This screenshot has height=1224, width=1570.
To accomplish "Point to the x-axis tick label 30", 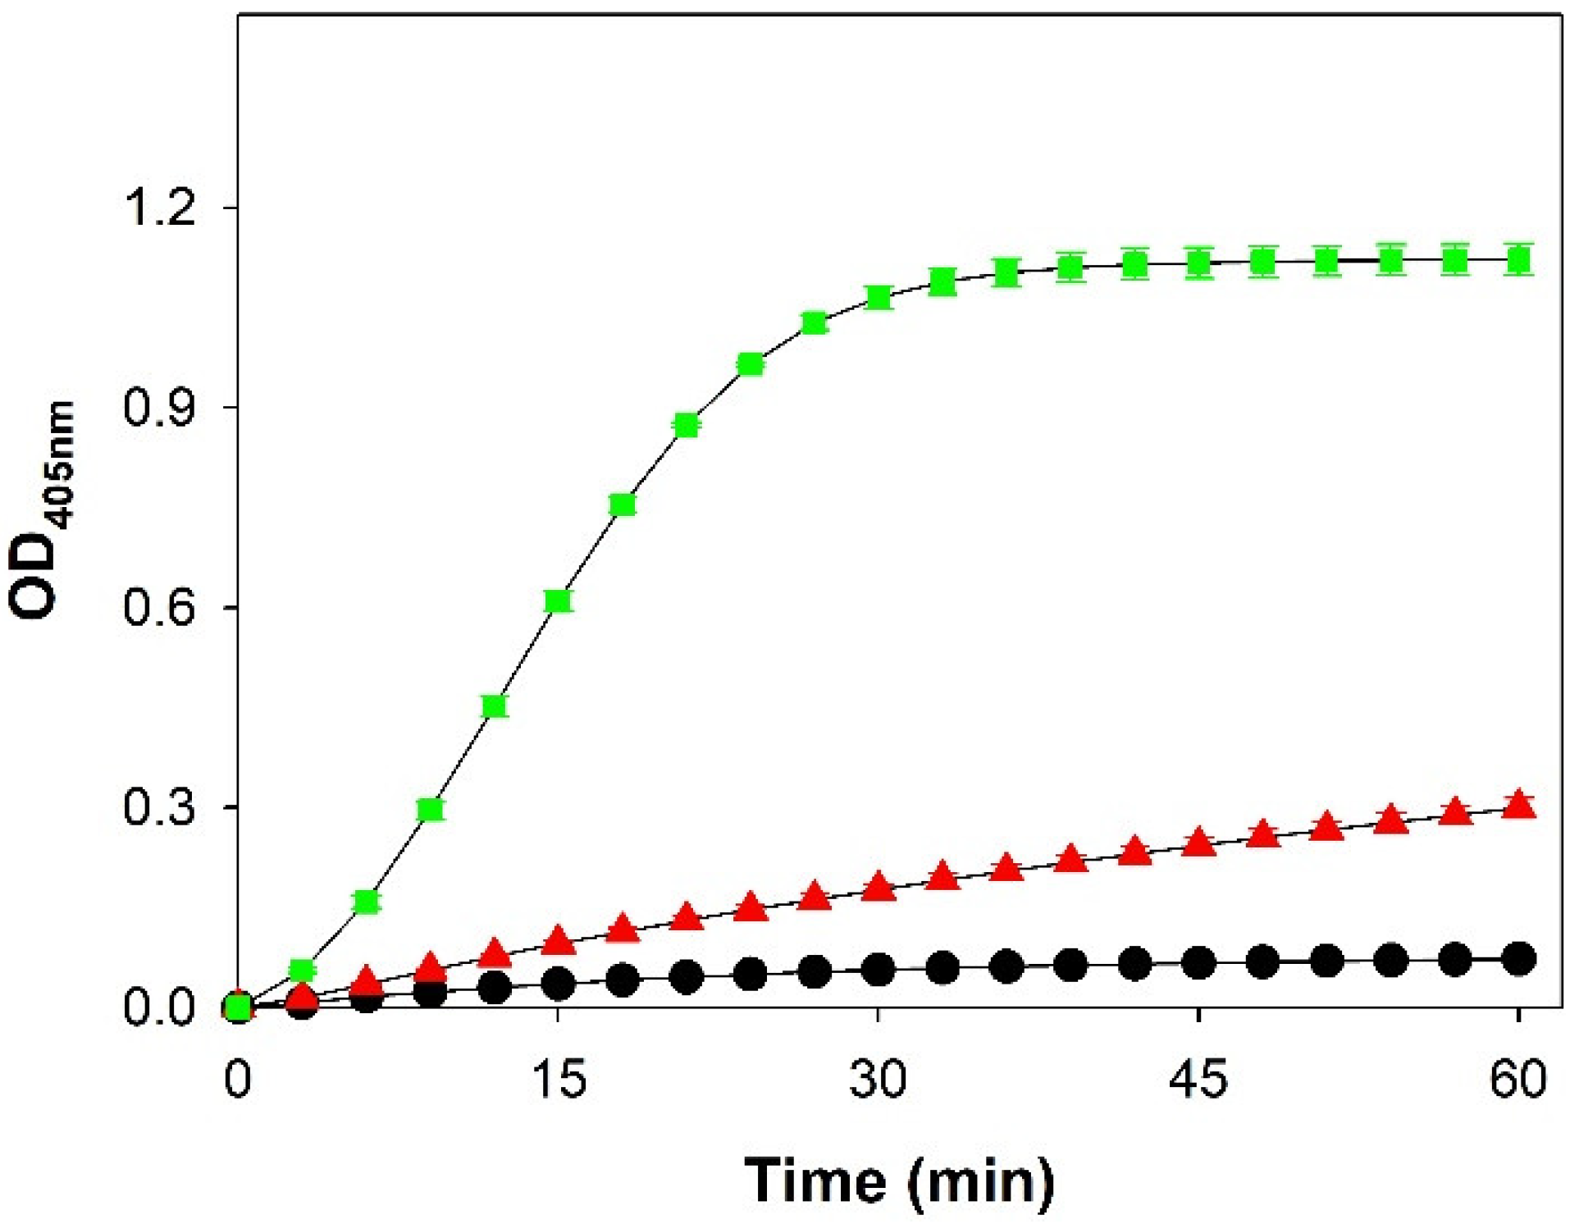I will pyautogui.click(x=878, y=1079).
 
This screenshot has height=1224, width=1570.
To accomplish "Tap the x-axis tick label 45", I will pyautogui.click(x=1198, y=1079).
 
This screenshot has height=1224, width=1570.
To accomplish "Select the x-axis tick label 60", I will pyautogui.click(x=1518, y=1079).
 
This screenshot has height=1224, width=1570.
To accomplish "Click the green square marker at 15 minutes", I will pyautogui.click(x=558, y=601).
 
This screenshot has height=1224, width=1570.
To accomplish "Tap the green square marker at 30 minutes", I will pyautogui.click(x=879, y=297).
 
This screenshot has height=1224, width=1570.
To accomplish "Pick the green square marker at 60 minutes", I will pyautogui.click(x=1519, y=261).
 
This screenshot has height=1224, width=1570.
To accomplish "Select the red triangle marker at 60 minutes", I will pyautogui.click(x=1519, y=806).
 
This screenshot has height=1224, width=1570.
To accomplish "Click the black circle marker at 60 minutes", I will pyautogui.click(x=1519, y=958).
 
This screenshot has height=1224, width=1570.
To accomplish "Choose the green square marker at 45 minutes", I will pyautogui.click(x=1199, y=263).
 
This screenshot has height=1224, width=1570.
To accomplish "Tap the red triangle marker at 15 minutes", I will pyautogui.click(x=558, y=941).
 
